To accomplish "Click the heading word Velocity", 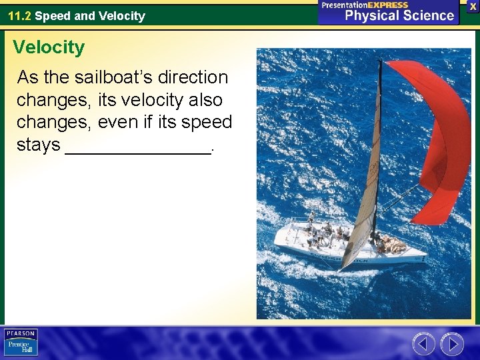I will [49, 48].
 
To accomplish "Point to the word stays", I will [38, 145].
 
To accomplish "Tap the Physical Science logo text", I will [399, 15].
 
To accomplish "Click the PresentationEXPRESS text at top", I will [365, 5].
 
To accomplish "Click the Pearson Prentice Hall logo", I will [21, 343].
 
